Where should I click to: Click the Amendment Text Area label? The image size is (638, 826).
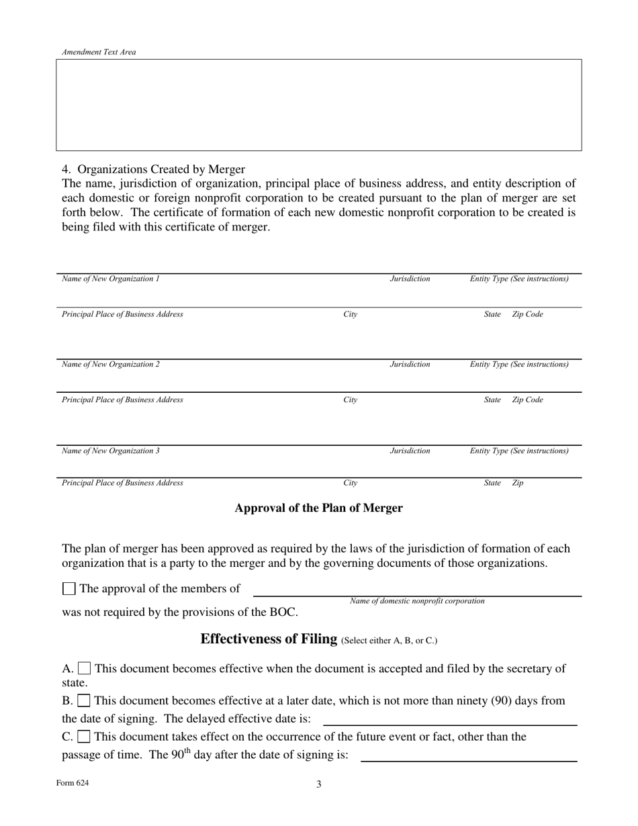[x=99, y=52]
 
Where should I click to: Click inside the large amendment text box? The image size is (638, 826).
[x=318, y=105]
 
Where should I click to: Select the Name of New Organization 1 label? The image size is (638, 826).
[x=111, y=279]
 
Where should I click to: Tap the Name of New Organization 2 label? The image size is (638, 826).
[x=111, y=365]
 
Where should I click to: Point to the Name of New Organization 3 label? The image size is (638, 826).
[x=111, y=451]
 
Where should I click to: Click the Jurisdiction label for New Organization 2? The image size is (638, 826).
[x=410, y=365]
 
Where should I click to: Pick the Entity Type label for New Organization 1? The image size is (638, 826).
[x=518, y=279]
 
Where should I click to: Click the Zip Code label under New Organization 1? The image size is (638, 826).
[x=528, y=314]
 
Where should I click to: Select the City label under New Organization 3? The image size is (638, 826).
[x=350, y=483]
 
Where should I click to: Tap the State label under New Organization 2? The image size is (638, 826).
[x=492, y=400]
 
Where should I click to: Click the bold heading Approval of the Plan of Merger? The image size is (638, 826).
[x=318, y=508]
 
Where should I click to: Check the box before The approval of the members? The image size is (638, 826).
[x=69, y=589]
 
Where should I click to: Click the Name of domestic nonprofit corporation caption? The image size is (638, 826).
[x=416, y=601]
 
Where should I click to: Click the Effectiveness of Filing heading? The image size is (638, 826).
[x=269, y=639]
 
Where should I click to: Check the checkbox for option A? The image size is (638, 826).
[x=85, y=669]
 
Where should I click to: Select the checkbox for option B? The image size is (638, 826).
[x=84, y=701]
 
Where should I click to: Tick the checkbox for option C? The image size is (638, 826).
[x=84, y=737]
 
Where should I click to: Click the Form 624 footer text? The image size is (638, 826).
[x=73, y=783]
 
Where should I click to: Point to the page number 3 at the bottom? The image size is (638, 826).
[x=319, y=784]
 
